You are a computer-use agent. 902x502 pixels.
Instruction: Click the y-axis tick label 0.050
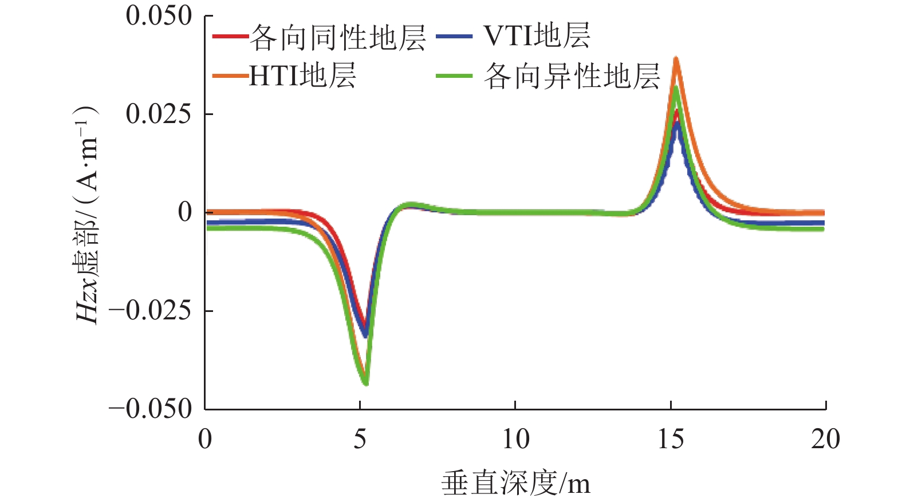point(159,16)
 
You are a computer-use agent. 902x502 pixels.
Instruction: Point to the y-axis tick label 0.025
point(159,114)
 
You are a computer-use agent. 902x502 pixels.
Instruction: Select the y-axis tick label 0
point(185,212)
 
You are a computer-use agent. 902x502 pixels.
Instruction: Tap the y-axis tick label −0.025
point(150,311)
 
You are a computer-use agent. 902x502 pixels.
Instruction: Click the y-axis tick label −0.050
point(150,409)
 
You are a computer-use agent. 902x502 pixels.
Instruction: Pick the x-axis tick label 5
point(360,440)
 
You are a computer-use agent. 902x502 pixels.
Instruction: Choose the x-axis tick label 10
point(515,440)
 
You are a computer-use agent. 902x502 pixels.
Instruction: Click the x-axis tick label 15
point(670,440)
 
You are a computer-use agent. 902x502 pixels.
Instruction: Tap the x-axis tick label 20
point(825,440)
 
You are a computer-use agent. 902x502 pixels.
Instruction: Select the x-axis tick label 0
point(205,440)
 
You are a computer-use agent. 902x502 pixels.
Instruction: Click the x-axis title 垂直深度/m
point(515,484)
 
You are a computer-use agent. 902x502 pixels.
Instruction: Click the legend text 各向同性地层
point(338,38)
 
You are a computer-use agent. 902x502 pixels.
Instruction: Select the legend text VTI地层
point(537,36)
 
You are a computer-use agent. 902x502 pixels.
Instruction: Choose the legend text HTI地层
point(302,76)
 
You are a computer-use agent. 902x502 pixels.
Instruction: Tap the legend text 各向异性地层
point(572,76)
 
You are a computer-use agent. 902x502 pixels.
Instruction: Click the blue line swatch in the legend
point(454,37)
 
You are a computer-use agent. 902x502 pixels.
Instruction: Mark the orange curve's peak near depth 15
point(676,59)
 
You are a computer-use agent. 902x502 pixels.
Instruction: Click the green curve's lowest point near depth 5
point(365,382)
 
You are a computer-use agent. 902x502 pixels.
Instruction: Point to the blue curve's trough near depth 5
point(365,334)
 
